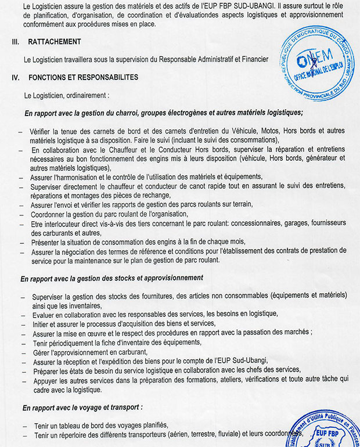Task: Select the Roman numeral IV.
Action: [16, 77]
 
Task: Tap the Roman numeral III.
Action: [15, 42]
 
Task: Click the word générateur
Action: [314, 157]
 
